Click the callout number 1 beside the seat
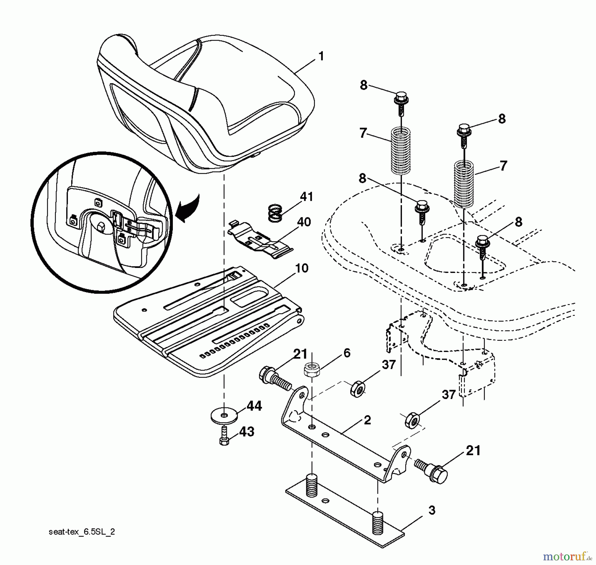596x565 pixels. pyautogui.click(x=321, y=56)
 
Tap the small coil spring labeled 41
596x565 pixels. pyautogui.click(x=275, y=213)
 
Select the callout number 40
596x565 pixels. pyautogui.click(x=304, y=222)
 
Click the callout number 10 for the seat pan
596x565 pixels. pyautogui.click(x=301, y=268)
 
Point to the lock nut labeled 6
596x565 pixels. pyautogui.click(x=312, y=369)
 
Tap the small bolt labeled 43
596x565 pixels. pyautogui.click(x=224, y=436)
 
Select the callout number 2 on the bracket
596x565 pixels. pyautogui.click(x=367, y=420)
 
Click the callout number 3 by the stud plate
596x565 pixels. pyautogui.click(x=432, y=510)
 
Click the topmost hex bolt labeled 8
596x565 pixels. pyautogui.click(x=401, y=98)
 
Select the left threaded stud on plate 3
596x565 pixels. pyautogui.click(x=311, y=486)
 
